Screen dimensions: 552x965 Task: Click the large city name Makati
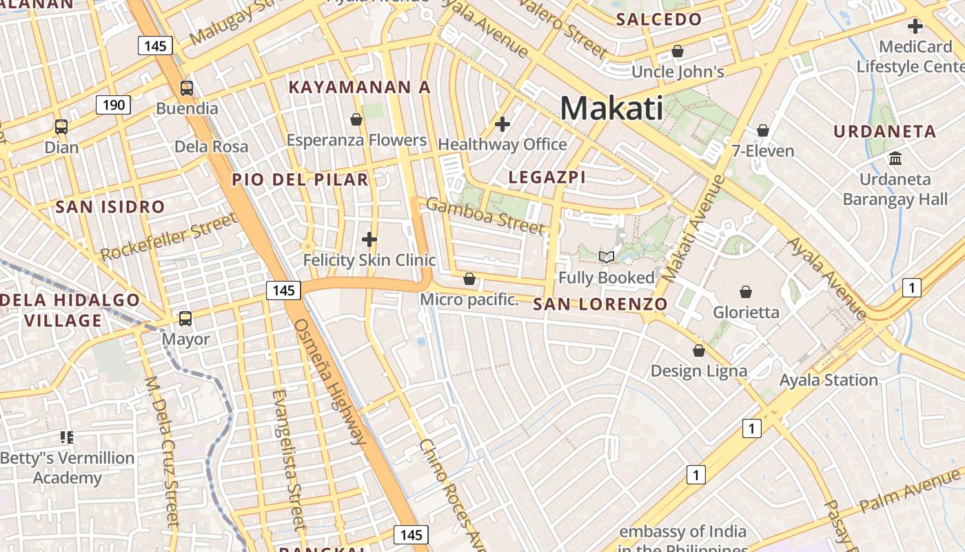coord(611,108)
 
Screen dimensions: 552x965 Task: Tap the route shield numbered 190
coord(113,105)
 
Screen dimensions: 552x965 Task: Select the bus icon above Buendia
coord(186,88)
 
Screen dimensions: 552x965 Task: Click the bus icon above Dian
coord(61,127)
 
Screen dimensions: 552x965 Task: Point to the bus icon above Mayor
coord(185,319)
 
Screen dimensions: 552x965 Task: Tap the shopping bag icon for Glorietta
coord(745,292)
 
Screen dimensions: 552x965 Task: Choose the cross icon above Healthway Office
coord(502,124)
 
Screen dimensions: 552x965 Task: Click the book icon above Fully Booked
coord(606,257)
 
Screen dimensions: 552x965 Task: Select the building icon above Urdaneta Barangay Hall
coord(895,159)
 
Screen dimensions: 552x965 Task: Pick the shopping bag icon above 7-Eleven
coord(762,130)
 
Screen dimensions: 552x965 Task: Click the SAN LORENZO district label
coord(600,304)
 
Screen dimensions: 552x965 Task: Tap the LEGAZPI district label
coord(547,177)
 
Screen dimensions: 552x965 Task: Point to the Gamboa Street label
coord(485,215)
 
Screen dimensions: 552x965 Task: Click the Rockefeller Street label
coord(169,237)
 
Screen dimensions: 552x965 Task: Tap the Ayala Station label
coord(828,380)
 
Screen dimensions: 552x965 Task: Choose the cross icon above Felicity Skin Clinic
coord(369,239)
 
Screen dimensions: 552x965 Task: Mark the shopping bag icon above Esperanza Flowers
coord(356,120)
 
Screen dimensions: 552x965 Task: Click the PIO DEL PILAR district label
coord(300,180)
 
